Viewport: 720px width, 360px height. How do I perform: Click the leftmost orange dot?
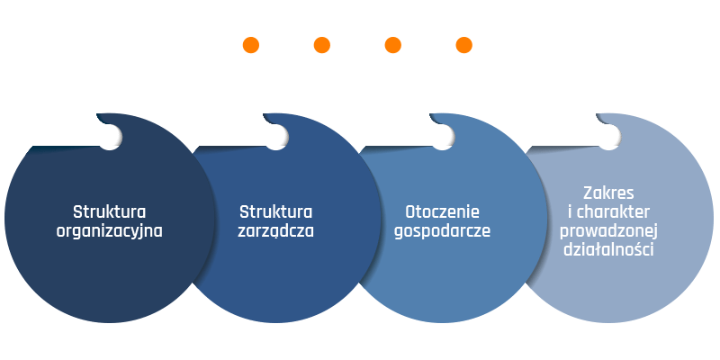point(251,45)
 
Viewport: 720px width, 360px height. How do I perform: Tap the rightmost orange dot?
point(463,45)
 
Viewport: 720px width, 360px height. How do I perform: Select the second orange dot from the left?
point(322,45)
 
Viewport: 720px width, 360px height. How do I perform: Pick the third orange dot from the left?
point(393,45)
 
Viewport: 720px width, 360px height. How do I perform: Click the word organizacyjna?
point(109,231)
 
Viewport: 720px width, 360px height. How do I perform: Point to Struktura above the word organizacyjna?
point(109,212)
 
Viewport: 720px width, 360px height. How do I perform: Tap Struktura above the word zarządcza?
point(276,212)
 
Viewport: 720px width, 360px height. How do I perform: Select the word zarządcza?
point(276,231)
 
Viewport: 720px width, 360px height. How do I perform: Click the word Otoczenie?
point(442,212)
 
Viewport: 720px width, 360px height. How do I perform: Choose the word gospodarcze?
point(442,231)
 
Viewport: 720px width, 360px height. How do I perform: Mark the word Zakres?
point(608,193)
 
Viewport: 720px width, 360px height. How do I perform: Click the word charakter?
point(613,211)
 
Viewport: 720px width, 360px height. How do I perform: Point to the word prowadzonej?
point(608,231)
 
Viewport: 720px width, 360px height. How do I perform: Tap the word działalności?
point(608,250)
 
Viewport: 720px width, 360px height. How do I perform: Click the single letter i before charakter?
point(570,211)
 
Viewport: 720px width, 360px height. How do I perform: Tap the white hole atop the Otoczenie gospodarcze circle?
point(443,137)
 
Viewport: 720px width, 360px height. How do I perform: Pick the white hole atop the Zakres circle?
point(609,137)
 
